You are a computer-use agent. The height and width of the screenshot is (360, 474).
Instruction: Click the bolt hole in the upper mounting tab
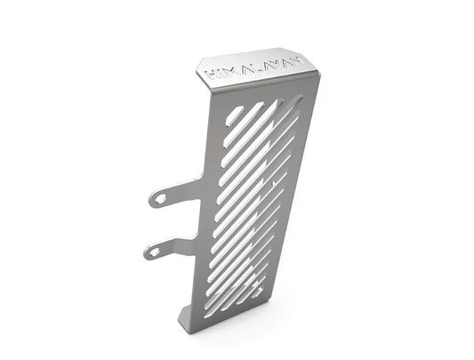tap(159, 199)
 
